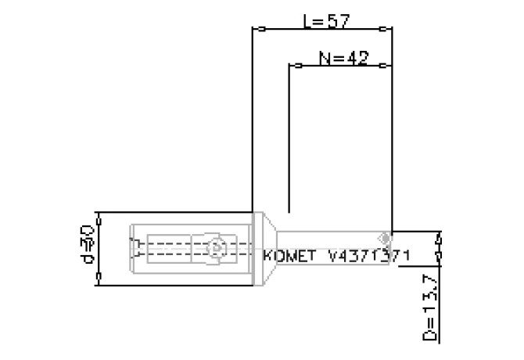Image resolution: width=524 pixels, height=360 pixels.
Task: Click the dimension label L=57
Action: pos(325,22)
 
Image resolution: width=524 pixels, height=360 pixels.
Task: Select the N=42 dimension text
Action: pos(344,59)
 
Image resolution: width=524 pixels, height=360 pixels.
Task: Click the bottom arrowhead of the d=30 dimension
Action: pos(100,277)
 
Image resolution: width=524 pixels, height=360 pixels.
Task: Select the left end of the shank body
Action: pos(131,249)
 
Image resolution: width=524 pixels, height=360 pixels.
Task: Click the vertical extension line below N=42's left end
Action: pos(289,141)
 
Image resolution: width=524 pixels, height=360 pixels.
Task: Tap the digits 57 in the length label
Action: pos(337,22)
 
